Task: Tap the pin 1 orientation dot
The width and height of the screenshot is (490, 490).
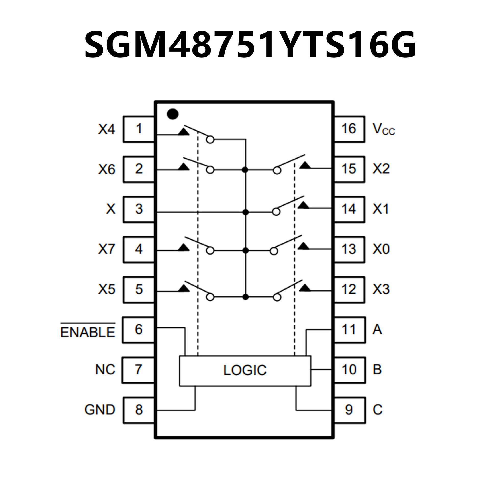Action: (173, 114)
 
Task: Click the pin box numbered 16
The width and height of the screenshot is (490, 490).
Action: (349, 129)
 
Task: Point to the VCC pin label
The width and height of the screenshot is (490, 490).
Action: (383, 129)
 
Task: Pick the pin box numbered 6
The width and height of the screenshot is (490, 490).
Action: (138, 330)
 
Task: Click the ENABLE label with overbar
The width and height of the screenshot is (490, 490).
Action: (88, 332)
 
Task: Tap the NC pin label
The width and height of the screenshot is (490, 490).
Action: (105, 370)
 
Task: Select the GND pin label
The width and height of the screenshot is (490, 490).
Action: (100, 410)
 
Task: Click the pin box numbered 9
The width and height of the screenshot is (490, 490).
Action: (349, 410)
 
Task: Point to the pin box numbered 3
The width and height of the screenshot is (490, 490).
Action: (138, 209)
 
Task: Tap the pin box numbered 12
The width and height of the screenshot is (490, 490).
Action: (349, 289)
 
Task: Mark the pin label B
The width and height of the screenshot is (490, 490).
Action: (377, 370)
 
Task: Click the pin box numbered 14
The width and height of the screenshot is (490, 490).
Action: (349, 209)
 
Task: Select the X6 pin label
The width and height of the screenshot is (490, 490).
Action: (107, 169)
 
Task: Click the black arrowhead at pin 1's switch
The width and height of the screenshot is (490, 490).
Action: (183, 132)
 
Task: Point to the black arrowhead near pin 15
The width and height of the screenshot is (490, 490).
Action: (305, 165)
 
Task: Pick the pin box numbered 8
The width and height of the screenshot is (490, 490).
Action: (138, 410)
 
